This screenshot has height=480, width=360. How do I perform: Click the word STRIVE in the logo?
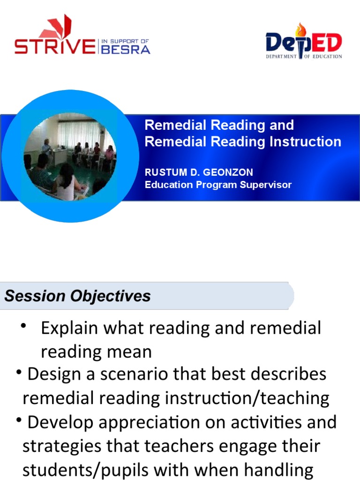54,47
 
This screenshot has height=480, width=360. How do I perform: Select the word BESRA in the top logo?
126,49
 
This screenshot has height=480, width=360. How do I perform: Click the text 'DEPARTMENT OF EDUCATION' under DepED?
304,56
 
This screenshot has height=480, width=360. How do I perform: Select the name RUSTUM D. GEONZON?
199,173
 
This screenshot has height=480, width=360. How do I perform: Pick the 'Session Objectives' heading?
78,296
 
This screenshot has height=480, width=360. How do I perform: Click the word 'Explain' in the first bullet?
70,328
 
